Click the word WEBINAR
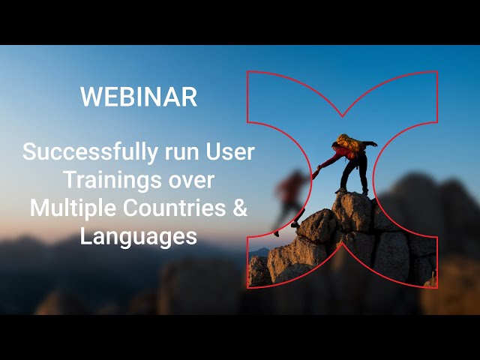(x=139, y=97)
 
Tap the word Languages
(x=139, y=237)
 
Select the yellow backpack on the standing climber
(x=348, y=142)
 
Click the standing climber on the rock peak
(x=349, y=161)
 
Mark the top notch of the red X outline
(x=342, y=115)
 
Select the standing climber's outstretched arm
(x=329, y=160)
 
